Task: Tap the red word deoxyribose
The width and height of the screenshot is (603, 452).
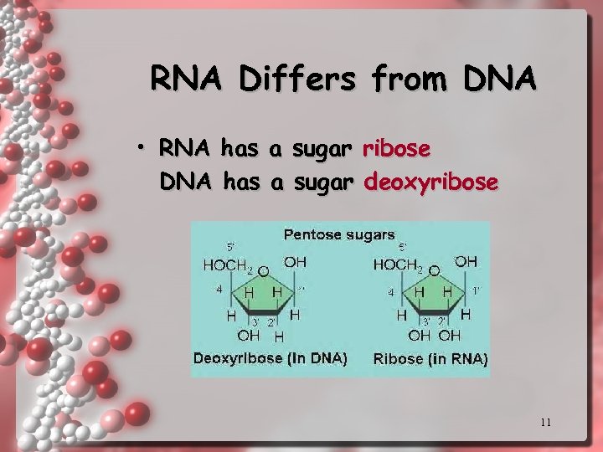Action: tap(431, 182)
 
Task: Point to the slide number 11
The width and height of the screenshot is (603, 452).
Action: tap(545, 423)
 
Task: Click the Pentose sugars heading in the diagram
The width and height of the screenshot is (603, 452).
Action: tap(338, 234)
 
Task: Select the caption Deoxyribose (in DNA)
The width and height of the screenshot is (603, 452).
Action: tap(271, 358)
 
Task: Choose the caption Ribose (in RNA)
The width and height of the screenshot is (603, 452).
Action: tap(430, 359)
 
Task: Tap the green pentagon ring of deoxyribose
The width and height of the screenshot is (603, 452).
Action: tap(264, 295)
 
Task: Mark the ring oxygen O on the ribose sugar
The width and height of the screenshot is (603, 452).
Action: tap(434, 271)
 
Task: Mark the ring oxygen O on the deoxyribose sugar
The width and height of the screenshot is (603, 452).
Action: tap(263, 271)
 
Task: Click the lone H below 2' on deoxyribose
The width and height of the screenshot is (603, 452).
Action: tap(279, 336)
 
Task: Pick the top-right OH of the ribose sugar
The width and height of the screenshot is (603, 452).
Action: tap(466, 262)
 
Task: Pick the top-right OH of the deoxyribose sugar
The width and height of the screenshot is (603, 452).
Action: tap(295, 262)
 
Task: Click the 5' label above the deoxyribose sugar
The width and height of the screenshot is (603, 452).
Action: tap(230, 247)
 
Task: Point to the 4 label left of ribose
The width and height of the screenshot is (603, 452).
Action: tap(389, 293)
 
